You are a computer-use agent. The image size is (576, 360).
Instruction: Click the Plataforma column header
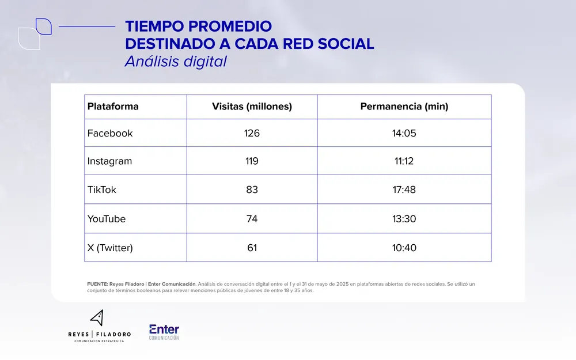113,107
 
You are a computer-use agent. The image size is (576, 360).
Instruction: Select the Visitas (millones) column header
252,107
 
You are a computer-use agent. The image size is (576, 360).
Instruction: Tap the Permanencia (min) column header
404,107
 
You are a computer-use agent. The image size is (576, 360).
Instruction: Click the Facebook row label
110,133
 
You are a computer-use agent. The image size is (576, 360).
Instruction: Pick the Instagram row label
109,161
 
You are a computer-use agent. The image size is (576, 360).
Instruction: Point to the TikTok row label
101,190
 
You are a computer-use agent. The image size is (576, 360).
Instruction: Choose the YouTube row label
107,219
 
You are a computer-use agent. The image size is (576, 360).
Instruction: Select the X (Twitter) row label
110,248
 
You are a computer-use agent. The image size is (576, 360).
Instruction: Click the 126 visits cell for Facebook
252,133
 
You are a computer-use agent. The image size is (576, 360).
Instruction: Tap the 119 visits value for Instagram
252,161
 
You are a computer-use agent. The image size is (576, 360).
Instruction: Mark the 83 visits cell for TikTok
252,190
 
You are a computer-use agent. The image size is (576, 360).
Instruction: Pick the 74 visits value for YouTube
252,219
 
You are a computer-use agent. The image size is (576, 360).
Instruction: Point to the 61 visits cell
252,248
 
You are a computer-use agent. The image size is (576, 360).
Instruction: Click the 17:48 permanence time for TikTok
404,190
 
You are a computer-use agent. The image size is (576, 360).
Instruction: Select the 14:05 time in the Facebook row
404,133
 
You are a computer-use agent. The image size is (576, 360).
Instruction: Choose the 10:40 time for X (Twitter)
404,248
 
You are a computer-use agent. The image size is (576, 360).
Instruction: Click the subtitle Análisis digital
176,61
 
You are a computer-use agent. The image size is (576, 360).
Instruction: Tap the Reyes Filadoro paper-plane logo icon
97,319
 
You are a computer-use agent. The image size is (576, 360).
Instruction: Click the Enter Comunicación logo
164,332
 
